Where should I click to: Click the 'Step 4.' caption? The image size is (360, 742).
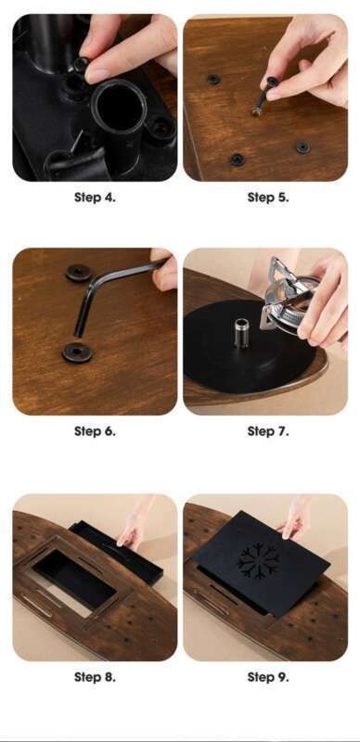coord(95,198)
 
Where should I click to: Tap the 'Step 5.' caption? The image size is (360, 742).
coord(268,198)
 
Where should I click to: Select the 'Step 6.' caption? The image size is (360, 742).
coord(95,431)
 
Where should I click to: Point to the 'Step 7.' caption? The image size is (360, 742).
coord(268,431)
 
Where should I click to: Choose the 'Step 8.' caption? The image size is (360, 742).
coord(95,677)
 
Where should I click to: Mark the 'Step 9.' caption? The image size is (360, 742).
coord(268,677)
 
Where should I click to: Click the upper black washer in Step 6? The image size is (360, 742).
coord(79,273)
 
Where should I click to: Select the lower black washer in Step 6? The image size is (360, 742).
coord(77,352)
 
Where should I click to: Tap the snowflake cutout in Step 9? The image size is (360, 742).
coord(259,562)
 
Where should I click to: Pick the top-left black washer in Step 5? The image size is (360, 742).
coord(213,79)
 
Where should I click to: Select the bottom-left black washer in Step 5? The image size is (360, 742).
coord(237,160)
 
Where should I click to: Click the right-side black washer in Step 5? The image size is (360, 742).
coord(302,147)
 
